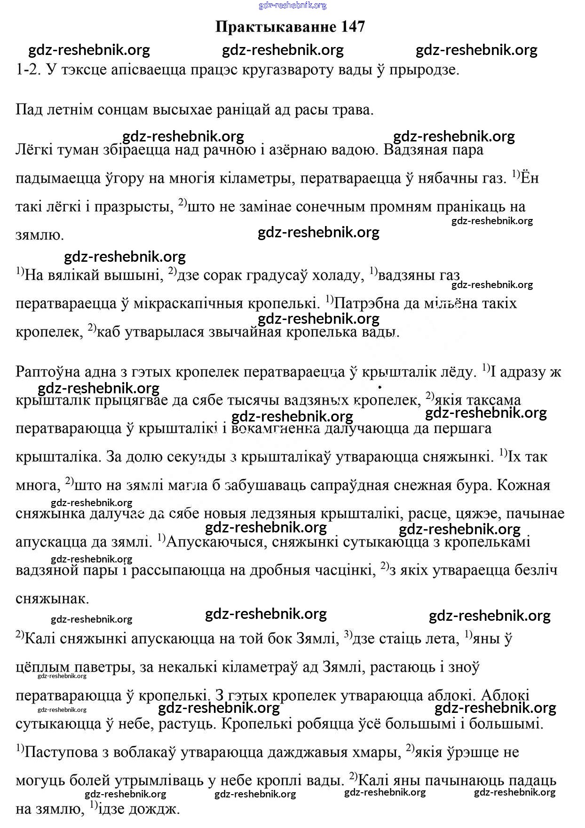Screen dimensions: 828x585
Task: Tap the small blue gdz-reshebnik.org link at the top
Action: (x=292, y=5)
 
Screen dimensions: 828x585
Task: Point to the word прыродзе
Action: (x=424, y=70)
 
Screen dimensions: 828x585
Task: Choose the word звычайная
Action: (x=238, y=331)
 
